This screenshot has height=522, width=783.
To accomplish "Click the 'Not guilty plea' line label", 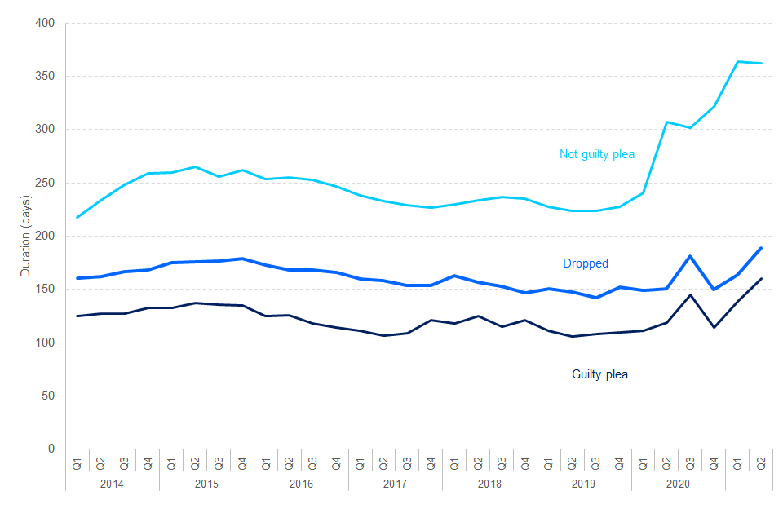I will (x=596, y=154).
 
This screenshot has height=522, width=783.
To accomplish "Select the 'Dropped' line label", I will (x=586, y=263).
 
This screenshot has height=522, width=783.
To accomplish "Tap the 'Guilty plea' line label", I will (x=599, y=374).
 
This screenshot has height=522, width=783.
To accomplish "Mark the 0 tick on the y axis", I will (x=51, y=449).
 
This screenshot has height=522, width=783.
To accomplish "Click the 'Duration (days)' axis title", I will (x=25, y=237).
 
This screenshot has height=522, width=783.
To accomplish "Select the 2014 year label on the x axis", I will (x=113, y=483).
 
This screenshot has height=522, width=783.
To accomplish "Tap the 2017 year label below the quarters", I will (x=396, y=483).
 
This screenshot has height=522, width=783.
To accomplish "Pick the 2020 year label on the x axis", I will (x=679, y=483).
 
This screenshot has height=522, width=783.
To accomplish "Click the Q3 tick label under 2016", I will (x=312, y=463).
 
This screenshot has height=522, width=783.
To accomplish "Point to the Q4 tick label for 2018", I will (x=525, y=463).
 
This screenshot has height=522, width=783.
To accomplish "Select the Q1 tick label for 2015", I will (x=171, y=463).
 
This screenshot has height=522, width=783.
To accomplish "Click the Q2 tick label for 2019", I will (x=573, y=463).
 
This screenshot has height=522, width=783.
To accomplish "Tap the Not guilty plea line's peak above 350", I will (x=737, y=61).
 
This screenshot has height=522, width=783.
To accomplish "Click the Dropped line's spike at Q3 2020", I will (x=690, y=256).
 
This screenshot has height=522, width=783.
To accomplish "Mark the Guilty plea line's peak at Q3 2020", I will (x=690, y=295).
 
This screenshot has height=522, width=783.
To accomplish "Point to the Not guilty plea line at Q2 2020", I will (x=666, y=122).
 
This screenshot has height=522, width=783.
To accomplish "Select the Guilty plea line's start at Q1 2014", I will (x=77, y=316).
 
